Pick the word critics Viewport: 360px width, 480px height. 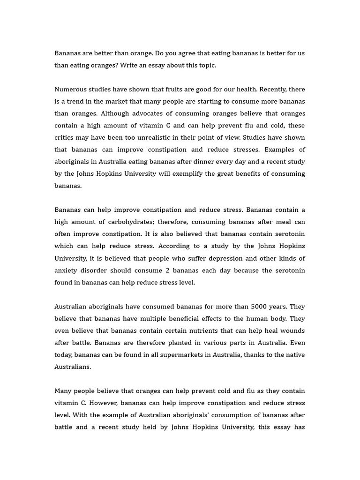[x=65, y=138]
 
